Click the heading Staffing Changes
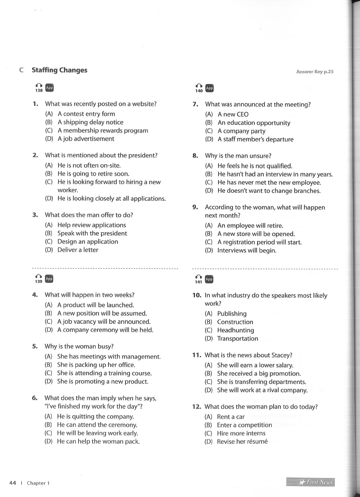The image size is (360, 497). coord(59,70)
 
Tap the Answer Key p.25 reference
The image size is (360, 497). coord(315,72)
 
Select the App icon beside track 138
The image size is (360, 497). coord(49,87)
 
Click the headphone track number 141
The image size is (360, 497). coord(199,281)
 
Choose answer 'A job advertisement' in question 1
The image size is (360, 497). coord(86,139)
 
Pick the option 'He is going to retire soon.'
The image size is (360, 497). coord(93,174)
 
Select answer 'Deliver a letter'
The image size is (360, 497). coord(78,250)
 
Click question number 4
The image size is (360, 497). coord(35,294)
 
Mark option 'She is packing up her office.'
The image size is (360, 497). coord(96,365)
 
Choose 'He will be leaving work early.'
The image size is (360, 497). coord(97,433)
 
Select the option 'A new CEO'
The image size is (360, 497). coord(233,114)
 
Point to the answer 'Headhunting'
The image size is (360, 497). coord(236,330)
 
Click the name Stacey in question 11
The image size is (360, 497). coord(283,355)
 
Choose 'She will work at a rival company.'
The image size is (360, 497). coord(262,390)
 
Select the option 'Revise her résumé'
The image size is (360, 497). coord(242,441)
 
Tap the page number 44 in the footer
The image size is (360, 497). coord(13,483)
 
